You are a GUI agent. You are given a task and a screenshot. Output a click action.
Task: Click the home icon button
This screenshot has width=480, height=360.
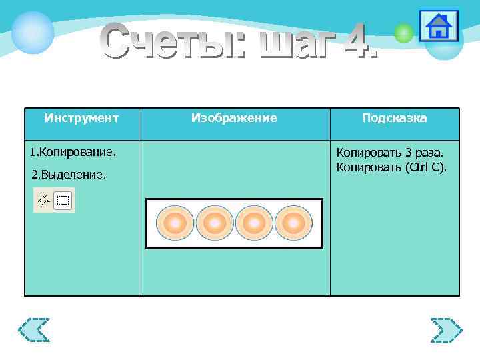(439, 27)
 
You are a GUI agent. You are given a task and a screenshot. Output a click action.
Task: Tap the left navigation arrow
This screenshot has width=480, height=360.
(34, 330)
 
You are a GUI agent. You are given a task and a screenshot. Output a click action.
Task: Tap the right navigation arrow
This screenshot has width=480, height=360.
(446, 330)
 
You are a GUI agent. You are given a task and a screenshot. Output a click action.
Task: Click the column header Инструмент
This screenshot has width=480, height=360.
(81, 118)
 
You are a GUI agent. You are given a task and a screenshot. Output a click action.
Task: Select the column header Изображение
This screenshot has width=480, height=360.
(234, 118)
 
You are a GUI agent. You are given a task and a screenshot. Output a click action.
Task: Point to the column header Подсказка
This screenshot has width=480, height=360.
(394, 118)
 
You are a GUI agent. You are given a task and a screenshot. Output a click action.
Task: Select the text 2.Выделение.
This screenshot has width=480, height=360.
(69, 175)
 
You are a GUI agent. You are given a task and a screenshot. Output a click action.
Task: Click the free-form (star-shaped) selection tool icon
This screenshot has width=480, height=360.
(45, 199)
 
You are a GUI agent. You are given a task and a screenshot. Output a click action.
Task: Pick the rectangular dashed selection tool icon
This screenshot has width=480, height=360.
(63, 200)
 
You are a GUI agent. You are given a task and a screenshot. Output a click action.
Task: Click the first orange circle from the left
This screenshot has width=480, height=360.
(175, 223)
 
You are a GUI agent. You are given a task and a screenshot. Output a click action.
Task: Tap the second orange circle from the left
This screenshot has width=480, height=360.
(214, 223)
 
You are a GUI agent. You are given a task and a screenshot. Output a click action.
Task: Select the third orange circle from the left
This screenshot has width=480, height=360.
(253, 223)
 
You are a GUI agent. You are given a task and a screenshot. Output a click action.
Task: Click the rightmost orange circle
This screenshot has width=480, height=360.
(293, 223)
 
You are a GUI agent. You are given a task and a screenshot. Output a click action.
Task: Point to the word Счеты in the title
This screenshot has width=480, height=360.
(170, 41)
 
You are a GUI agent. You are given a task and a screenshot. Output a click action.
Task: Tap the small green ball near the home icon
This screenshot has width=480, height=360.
(403, 33)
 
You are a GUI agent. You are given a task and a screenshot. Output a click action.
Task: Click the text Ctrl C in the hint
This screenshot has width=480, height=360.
(425, 167)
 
